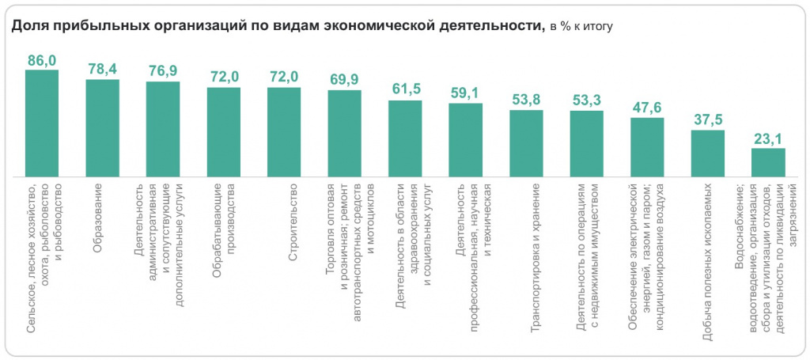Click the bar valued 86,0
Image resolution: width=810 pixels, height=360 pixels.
click(x=42, y=123)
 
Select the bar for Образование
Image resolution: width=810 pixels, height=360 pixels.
click(x=102, y=127)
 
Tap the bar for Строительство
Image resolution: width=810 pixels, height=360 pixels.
click(x=284, y=131)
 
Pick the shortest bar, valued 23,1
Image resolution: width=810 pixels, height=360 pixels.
click(x=768, y=161)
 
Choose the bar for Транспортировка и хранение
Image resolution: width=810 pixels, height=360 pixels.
click(x=526, y=142)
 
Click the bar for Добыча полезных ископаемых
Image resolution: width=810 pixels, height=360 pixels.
click(x=708, y=153)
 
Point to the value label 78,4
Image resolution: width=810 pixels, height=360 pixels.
click(x=103, y=70)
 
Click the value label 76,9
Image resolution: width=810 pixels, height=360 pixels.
click(x=163, y=71)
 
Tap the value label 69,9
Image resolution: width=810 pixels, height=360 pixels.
click(x=344, y=79)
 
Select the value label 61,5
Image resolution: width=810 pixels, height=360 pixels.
click(x=405, y=89)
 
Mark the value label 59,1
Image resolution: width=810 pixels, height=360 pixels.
click(x=465, y=93)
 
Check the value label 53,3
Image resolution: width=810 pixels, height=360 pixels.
click(x=586, y=100)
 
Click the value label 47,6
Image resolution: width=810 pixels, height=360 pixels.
click(x=647, y=107)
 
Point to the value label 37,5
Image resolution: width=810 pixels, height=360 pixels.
click(x=707, y=119)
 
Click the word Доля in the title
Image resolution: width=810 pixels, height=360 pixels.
click(x=28, y=25)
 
